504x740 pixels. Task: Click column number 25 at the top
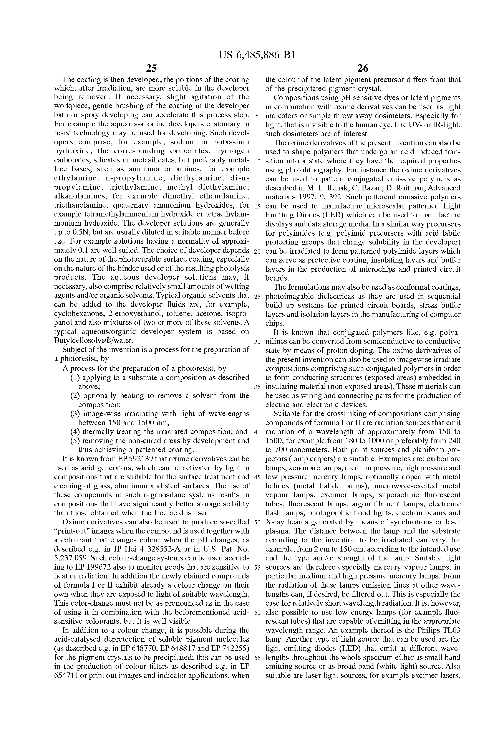(151, 68)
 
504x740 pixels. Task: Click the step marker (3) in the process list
(76, 414)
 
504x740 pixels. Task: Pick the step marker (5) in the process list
(76, 441)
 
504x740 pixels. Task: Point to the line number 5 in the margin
(257, 116)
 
